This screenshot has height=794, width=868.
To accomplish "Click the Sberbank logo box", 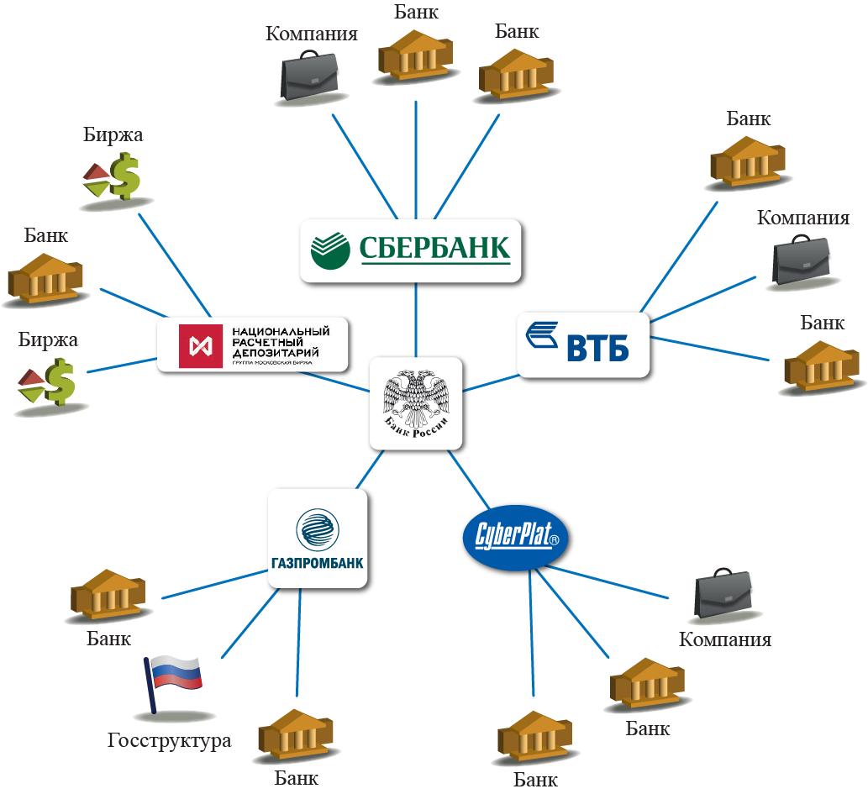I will (413, 249).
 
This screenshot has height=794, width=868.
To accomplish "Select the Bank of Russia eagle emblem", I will (416, 401).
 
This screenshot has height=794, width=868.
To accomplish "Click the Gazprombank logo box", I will (318, 537).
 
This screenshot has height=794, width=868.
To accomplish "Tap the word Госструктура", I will (169, 741).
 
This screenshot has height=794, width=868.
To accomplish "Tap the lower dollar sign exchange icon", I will (47, 382).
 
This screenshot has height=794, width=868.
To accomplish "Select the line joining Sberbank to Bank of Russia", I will (416, 319).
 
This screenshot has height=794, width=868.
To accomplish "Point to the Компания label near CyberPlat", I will (725, 639).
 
